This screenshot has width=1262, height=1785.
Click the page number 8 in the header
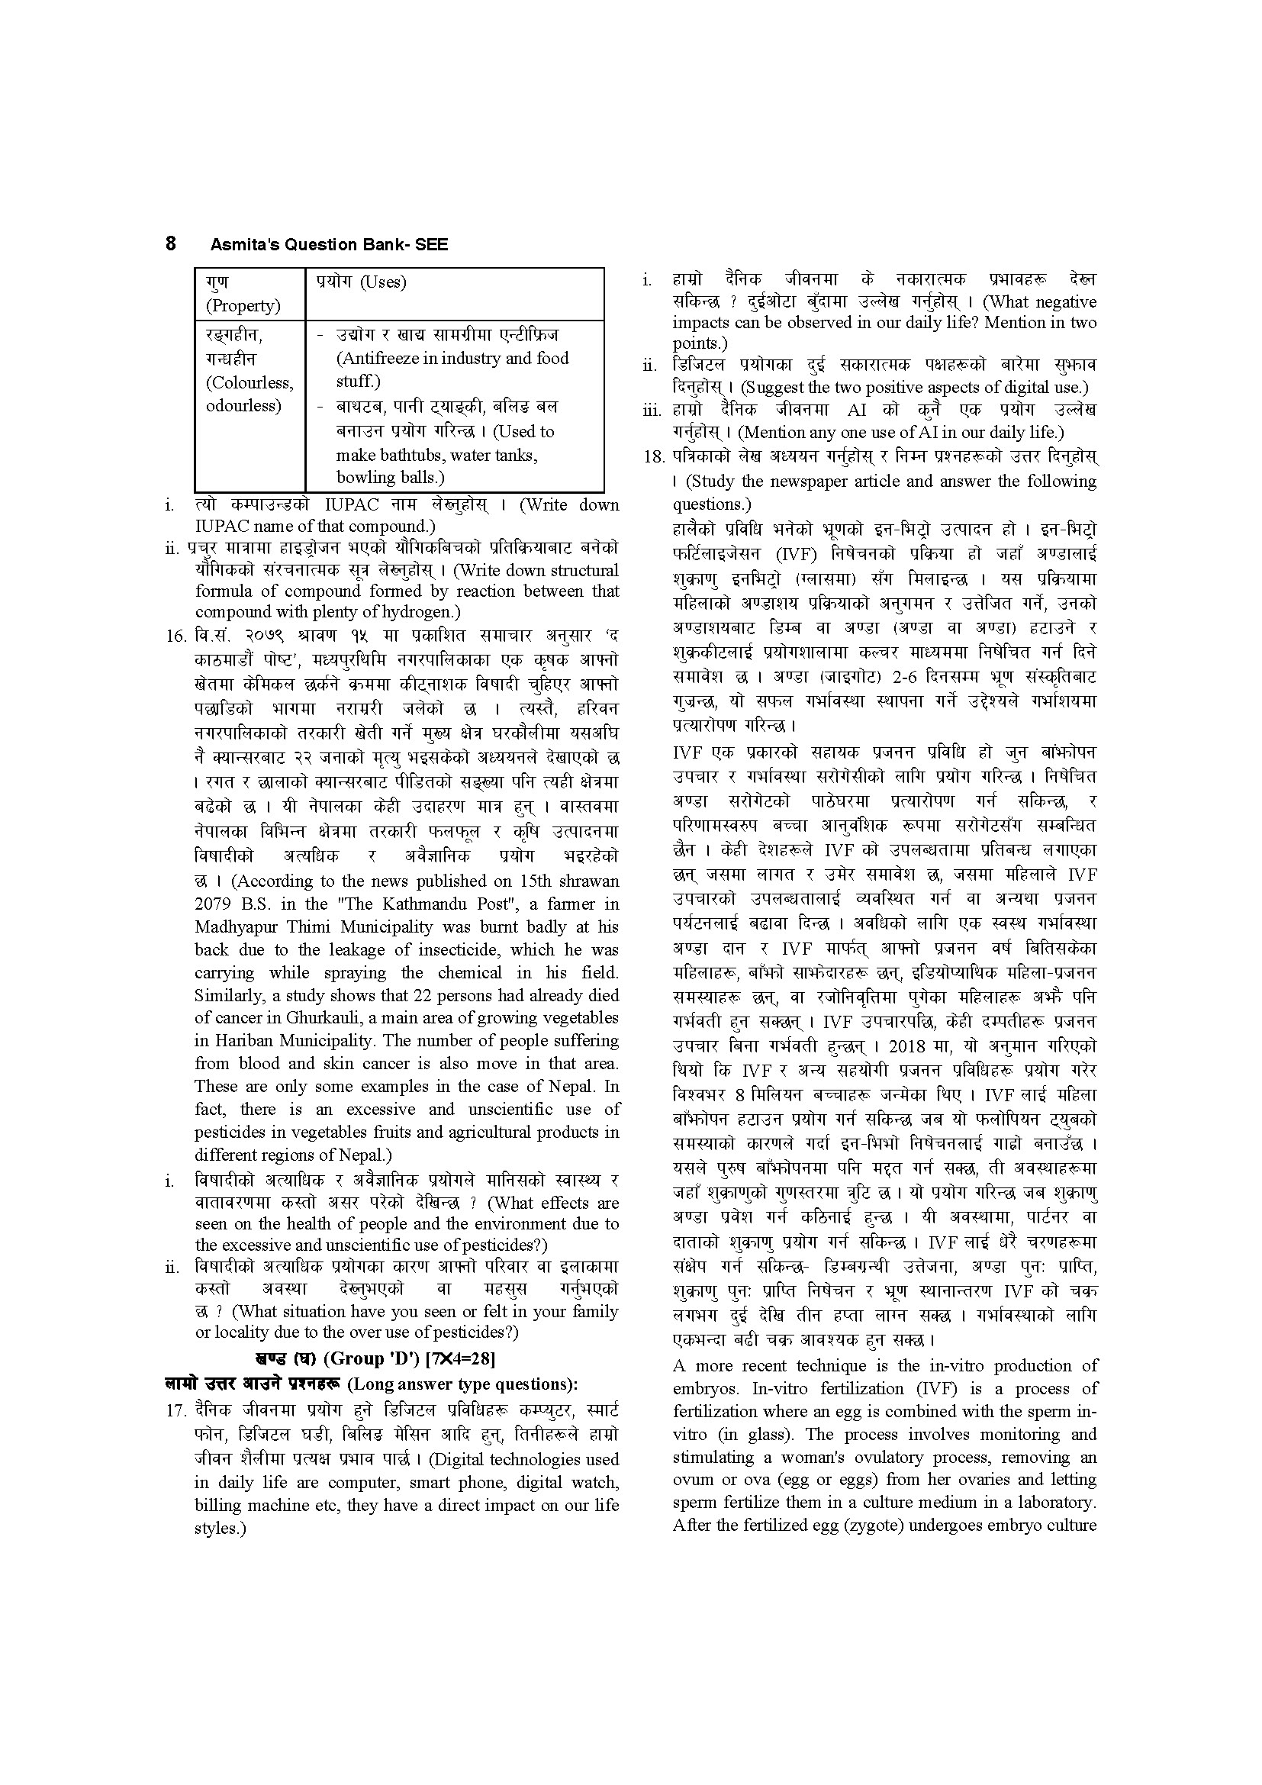(x=171, y=243)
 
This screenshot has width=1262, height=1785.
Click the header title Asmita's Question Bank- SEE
(x=329, y=245)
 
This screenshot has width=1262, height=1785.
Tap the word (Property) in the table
(x=243, y=305)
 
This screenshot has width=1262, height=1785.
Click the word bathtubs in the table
(x=407, y=455)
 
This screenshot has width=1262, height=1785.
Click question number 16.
(x=177, y=636)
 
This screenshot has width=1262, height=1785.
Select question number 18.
(x=655, y=456)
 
